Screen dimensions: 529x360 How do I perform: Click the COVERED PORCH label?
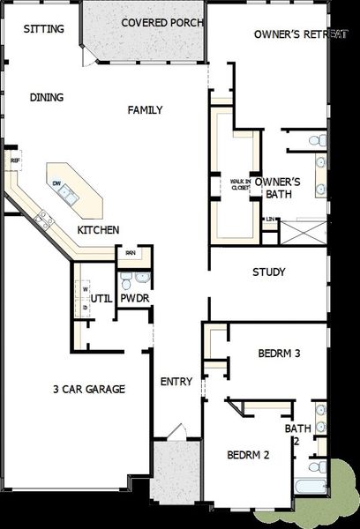point(162,22)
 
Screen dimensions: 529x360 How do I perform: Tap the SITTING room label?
point(44,28)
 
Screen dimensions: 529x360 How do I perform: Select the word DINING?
point(46,98)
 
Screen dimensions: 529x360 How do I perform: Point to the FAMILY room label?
point(146,110)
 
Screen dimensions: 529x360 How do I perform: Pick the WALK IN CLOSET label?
point(240,184)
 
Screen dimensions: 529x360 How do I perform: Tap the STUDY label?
point(268,272)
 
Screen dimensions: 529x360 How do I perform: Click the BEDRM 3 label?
point(280,354)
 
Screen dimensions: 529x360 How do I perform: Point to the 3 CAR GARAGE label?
point(88,389)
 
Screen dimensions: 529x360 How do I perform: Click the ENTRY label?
point(176,382)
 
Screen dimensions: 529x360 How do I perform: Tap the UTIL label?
point(101,299)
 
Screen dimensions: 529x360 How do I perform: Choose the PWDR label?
point(134,299)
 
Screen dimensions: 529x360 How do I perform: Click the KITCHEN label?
point(98,230)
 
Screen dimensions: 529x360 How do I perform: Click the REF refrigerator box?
point(14,161)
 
